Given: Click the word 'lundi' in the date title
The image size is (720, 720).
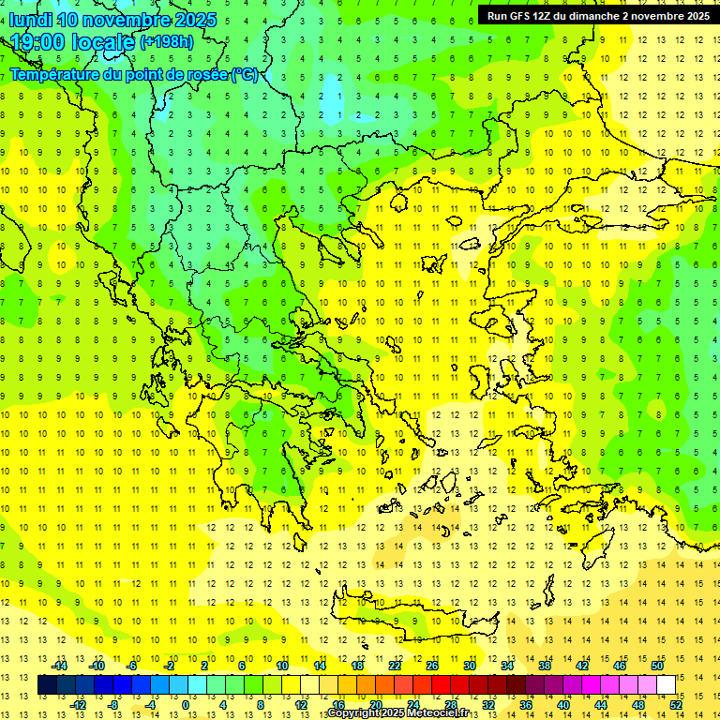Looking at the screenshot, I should [30, 20].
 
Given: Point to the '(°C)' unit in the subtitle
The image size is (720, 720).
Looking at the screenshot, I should [245, 74].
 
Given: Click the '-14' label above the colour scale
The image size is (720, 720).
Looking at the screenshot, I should [59, 666].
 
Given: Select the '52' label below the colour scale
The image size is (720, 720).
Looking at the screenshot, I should [676, 704].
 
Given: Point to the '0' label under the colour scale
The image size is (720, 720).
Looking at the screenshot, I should [186, 704].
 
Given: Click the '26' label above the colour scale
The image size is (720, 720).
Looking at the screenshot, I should [432, 666].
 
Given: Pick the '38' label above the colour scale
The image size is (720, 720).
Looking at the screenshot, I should [544, 666].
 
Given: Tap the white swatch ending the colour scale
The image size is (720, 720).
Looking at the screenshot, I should [666, 685].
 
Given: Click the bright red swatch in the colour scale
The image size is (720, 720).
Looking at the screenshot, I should [441, 685].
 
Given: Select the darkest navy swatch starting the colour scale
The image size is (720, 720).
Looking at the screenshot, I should [47, 685].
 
